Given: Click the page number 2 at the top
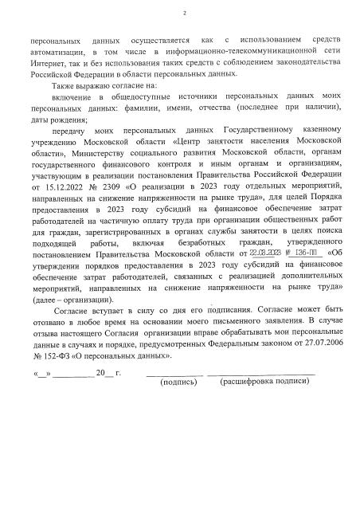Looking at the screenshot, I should click(183, 14).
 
